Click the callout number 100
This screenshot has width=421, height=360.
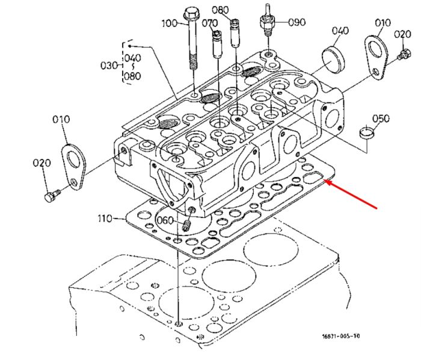[x=170, y=23]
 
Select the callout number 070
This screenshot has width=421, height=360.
[x=210, y=23]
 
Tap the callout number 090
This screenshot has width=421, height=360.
[x=297, y=22]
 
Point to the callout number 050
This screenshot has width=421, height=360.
[x=381, y=118]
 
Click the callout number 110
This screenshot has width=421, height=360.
[x=105, y=219]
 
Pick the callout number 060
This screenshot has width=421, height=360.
[x=165, y=220]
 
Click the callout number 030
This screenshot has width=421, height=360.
[x=109, y=65]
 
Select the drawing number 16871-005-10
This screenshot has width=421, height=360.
[x=341, y=336]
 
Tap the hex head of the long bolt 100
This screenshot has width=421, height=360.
[x=191, y=13]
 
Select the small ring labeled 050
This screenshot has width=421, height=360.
[x=366, y=132]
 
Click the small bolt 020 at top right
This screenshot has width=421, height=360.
[x=403, y=54]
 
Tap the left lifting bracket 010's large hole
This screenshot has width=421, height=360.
[x=73, y=160]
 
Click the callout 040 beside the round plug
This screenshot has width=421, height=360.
[x=340, y=30]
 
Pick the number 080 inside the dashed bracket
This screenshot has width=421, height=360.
[x=132, y=76]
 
